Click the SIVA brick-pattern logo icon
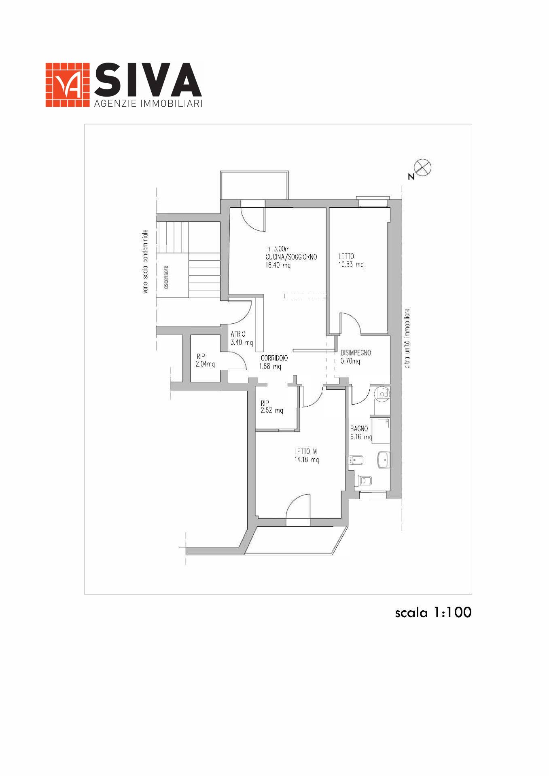pyautogui.click(x=67, y=85)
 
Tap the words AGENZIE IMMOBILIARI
pyautogui.click(x=148, y=104)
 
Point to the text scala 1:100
pyautogui.click(x=433, y=612)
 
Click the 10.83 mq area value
pyautogui.click(x=351, y=265)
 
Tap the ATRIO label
pyautogui.click(x=238, y=334)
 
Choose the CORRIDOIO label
pyautogui.click(x=274, y=358)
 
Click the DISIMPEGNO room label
pyautogui.click(x=356, y=353)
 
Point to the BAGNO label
pyautogui.click(x=359, y=428)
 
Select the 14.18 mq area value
pyautogui.click(x=307, y=460)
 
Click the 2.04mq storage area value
pyautogui.click(x=205, y=364)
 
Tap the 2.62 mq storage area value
pyautogui.click(x=272, y=411)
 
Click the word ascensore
pyautogui.click(x=166, y=277)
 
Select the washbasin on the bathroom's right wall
pyautogui.click(x=383, y=460)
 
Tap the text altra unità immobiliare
pyautogui.click(x=407, y=339)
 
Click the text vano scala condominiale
pyautogui.click(x=145, y=261)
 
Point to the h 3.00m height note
pyautogui.click(x=278, y=249)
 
